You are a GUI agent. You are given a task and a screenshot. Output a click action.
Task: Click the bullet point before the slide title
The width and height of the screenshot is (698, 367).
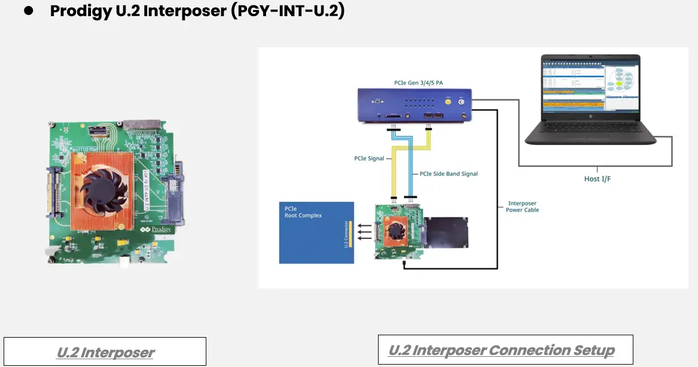click(28, 11)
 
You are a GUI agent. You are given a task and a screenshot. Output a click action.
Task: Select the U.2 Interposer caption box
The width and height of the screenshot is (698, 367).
click(105, 351)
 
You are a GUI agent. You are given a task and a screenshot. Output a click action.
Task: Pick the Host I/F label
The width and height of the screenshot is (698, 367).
click(597, 178)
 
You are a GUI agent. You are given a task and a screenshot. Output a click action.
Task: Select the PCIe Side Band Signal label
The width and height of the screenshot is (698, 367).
click(449, 174)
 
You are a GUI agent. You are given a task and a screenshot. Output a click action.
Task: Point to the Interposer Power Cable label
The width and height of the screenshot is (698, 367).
click(523, 207)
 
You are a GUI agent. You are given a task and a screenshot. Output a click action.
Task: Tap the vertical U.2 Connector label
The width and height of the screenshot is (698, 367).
click(347, 233)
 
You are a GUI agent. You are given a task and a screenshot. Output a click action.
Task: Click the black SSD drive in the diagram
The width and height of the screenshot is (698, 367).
click(446, 232)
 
